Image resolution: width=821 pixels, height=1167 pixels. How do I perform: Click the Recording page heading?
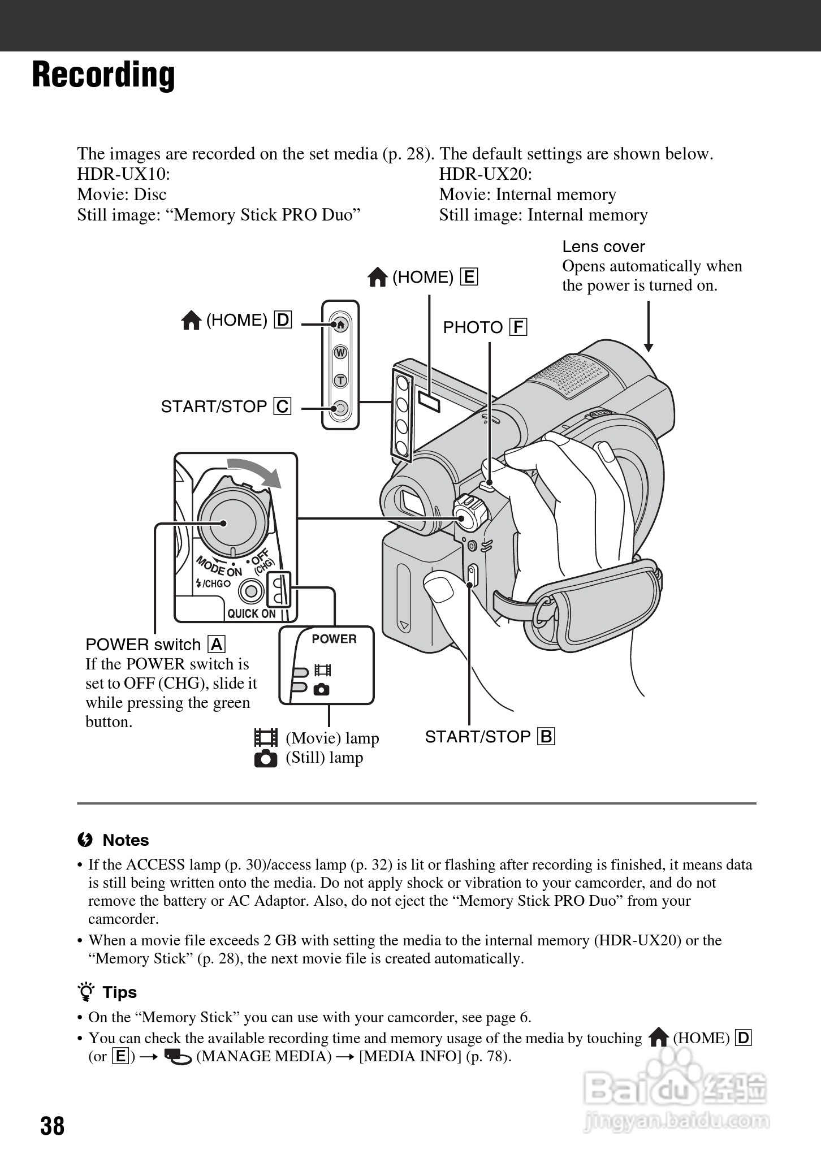pos(103,75)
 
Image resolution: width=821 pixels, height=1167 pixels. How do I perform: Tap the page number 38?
pos(52,1125)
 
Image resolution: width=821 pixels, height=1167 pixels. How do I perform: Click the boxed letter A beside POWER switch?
pos(217,645)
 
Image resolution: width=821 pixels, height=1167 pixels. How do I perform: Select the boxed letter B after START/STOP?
pos(546,737)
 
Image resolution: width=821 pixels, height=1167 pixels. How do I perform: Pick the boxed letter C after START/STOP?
pos(282,407)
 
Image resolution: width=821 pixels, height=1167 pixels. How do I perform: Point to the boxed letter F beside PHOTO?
pos(518,327)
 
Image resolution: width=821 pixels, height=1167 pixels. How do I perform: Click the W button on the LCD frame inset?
pos(340,353)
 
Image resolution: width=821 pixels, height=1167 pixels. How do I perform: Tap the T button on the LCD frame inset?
pos(340,381)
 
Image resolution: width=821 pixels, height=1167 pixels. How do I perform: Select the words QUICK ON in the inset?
pos(252,613)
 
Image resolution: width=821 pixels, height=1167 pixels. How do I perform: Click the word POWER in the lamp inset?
pos(334,639)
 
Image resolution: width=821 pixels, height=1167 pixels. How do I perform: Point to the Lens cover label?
pos(603,247)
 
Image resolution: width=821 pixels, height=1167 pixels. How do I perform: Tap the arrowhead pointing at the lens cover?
pos(649,347)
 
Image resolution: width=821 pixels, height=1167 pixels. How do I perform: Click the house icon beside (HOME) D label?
pos(192,321)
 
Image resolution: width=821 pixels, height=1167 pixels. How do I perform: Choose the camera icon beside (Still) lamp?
pos(266,758)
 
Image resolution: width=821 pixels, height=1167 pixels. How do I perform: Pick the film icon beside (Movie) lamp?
pos(266,738)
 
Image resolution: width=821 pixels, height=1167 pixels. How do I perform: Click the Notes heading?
pos(125,840)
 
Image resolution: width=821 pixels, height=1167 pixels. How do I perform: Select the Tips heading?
pos(119,992)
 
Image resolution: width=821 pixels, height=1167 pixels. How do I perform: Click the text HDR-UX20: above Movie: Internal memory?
pos(485,174)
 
